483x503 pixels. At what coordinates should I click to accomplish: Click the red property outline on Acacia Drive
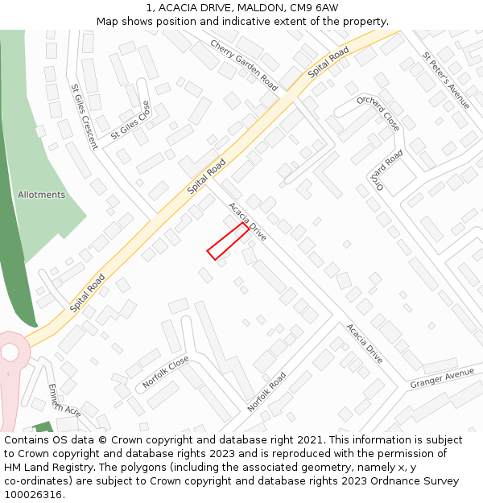(228, 241)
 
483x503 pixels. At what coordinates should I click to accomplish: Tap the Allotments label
(41, 195)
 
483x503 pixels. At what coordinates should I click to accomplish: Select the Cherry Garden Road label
(244, 65)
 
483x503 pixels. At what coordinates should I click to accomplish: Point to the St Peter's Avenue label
(446, 80)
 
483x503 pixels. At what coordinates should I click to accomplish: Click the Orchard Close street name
(378, 113)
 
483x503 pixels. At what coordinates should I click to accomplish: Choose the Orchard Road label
(388, 170)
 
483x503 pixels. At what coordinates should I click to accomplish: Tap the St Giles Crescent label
(84, 117)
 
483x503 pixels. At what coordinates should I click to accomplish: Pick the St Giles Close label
(130, 120)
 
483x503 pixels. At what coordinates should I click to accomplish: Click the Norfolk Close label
(166, 372)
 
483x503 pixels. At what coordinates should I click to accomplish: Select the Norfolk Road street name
(266, 392)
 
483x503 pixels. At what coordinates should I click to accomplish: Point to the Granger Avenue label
(442, 378)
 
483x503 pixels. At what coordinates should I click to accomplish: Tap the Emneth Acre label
(64, 401)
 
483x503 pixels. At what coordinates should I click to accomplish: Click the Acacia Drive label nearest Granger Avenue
(365, 344)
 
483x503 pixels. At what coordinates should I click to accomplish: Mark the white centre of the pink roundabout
(10, 353)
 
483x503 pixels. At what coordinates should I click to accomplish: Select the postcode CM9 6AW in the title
(315, 8)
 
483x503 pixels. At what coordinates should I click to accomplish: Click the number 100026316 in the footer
(34, 494)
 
